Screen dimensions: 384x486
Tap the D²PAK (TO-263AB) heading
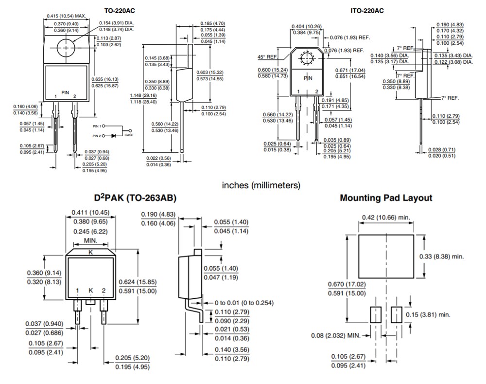coord(135,198)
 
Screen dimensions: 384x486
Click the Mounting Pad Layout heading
coord(386,198)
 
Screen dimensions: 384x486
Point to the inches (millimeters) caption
coord(261,185)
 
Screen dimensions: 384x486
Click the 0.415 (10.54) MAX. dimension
coord(66,16)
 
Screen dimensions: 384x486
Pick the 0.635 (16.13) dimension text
coord(105,79)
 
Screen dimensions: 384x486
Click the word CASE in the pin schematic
coord(129,135)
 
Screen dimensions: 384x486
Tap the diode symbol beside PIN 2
coord(115,136)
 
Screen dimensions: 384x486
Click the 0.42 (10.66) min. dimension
coord(386,217)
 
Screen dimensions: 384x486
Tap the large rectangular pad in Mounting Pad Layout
coord(386,256)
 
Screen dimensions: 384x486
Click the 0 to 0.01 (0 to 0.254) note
coord(244,302)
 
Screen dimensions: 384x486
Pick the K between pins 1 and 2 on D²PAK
coord(90,291)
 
